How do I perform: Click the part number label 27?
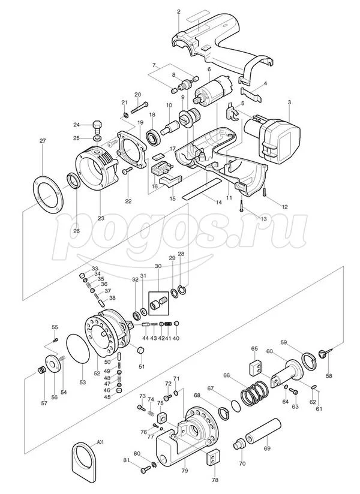click(x=43, y=140)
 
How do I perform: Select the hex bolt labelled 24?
click(x=97, y=127)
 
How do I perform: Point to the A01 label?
click(x=100, y=442)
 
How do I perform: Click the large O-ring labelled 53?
click(x=78, y=349)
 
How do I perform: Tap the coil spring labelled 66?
click(x=255, y=393)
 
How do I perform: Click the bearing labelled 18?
click(x=154, y=137)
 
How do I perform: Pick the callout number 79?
click(x=185, y=471)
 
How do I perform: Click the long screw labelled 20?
click(x=139, y=107)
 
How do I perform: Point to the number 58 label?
click(x=329, y=376)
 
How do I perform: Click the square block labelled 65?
click(x=256, y=368)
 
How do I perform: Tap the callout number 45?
click(x=107, y=397)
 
